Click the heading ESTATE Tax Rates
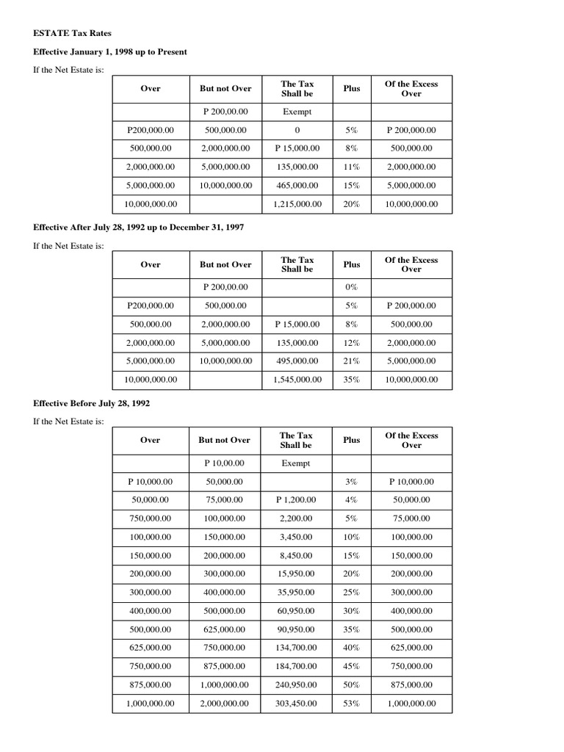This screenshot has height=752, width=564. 73,34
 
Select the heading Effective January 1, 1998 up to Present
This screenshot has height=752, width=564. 110,52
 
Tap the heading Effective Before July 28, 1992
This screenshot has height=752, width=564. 92,403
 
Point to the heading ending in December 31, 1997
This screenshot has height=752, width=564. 139,228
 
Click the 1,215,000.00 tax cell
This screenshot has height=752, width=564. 297,204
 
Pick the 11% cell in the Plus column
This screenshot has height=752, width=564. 351,167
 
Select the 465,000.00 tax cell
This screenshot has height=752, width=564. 297,186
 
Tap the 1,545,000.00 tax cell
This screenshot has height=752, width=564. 297,380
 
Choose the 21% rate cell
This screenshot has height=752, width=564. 351,361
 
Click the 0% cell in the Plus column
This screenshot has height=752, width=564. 351,287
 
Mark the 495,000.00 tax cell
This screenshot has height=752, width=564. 297,361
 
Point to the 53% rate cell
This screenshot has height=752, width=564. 351,704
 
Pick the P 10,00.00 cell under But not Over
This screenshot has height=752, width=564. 224,463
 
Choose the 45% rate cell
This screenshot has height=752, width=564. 351,666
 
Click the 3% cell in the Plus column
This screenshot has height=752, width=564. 351,482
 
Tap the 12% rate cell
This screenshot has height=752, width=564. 351,343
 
